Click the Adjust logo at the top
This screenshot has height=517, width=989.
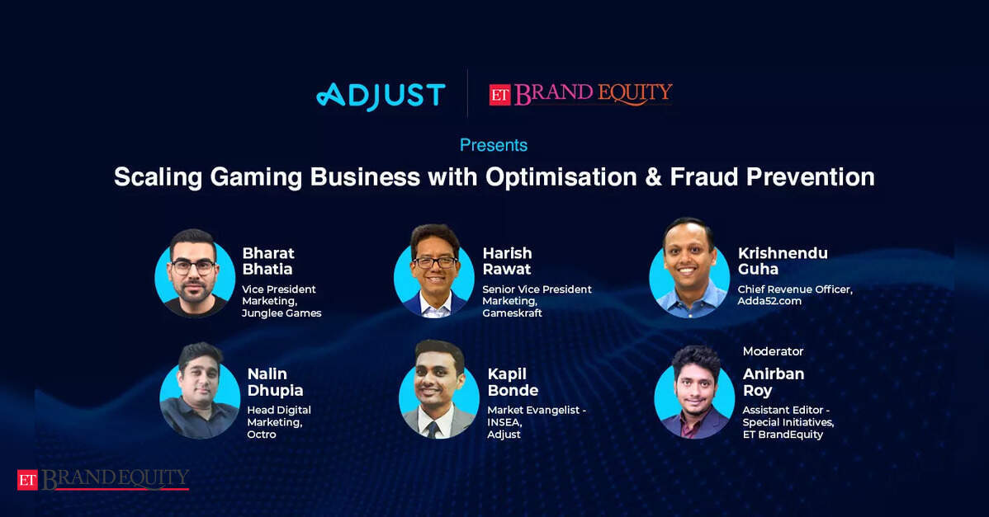click(x=381, y=96)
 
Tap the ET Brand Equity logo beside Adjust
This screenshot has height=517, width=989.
click(x=581, y=94)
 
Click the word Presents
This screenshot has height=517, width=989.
click(x=493, y=145)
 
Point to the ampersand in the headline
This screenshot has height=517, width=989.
click(x=654, y=177)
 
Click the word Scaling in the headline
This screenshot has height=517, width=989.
click(x=158, y=178)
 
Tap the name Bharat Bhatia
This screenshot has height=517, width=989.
click(x=268, y=261)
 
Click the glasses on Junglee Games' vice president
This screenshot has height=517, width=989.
click(x=193, y=267)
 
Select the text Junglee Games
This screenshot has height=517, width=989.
click(x=282, y=313)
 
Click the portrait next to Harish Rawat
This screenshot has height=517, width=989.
click(x=434, y=271)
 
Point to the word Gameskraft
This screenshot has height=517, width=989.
click(x=512, y=313)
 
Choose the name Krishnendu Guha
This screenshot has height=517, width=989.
click(x=782, y=261)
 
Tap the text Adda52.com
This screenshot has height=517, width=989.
click(x=769, y=301)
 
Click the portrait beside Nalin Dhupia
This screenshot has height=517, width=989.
click(x=199, y=391)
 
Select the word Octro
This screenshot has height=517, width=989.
click(x=261, y=434)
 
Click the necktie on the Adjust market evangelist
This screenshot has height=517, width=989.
click(x=433, y=430)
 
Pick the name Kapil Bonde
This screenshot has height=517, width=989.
click(x=513, y=382)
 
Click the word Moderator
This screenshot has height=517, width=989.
click(x=773, y=351)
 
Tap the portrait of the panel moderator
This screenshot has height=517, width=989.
click(x=694, y=392)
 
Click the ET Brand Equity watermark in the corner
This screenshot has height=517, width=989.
click(x=103, y=479)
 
